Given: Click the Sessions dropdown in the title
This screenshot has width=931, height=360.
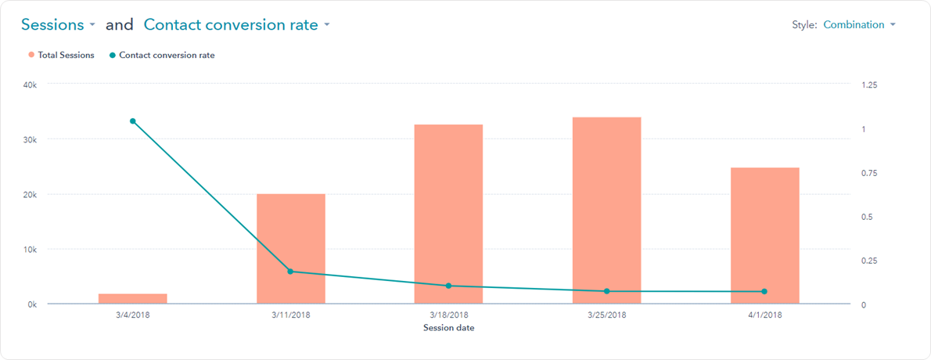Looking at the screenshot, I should (58, 25).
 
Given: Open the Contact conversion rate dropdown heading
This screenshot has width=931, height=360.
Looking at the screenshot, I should (236, 25).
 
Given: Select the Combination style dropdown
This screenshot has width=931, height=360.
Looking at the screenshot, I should (859, 25).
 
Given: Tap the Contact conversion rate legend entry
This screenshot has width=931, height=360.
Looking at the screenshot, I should (161, 55).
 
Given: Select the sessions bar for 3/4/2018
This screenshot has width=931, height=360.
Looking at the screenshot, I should (133, 299).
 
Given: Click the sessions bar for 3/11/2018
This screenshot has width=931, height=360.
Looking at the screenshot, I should (291, 249).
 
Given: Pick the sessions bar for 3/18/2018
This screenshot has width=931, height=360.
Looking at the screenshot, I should (448, 214).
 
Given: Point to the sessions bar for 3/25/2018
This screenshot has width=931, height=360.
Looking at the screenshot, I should (606, 211).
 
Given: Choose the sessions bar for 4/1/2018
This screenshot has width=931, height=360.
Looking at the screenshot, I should (764, 236).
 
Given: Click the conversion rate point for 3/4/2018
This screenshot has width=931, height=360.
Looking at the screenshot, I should (133, 121).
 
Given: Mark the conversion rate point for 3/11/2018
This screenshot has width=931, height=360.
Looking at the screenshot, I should (290, 272).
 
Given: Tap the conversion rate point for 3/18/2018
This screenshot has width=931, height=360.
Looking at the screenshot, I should (448, 286).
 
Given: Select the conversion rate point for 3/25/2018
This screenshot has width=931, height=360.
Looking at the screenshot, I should (606, 291).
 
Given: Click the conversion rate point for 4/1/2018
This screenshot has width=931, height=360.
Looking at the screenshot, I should (764, 291).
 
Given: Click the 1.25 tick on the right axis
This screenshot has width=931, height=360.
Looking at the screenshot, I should (870, 85).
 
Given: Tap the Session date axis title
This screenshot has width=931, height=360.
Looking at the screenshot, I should (449, 328).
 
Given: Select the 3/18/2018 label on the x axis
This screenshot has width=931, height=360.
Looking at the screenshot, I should (449, 315).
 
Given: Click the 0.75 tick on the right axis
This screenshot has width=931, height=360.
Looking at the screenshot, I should (870, 173).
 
